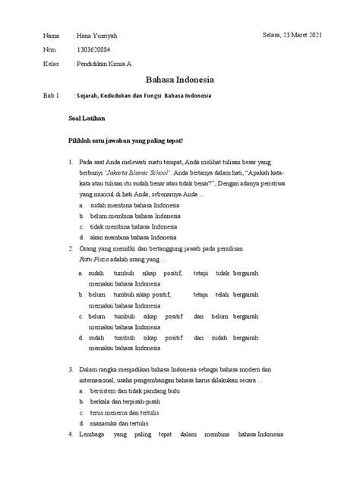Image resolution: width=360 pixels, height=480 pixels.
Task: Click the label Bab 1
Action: click(47, 97)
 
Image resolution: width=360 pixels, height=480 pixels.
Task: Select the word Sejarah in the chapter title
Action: click(92, 97)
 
